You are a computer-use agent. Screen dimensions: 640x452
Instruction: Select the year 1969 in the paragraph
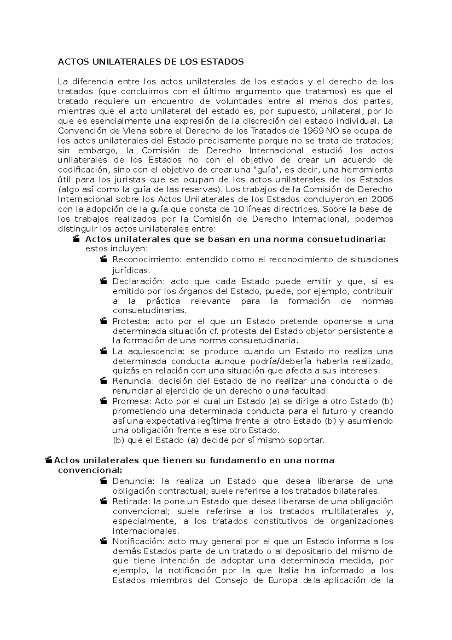tap(313, 131)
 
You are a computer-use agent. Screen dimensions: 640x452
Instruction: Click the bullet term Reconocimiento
tap(147, 259)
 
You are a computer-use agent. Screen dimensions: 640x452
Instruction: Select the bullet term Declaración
tap(139, 281)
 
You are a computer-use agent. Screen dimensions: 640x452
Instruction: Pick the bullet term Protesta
tap(131, 321)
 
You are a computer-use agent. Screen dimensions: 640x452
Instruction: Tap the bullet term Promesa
tap(131, 401)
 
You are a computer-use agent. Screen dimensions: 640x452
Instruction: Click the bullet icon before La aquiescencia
tap(104, 351)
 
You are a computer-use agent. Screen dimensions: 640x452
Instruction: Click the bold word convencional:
tap(90, 470)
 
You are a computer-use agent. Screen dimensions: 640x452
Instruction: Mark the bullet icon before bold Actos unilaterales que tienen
tap(48, 460)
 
